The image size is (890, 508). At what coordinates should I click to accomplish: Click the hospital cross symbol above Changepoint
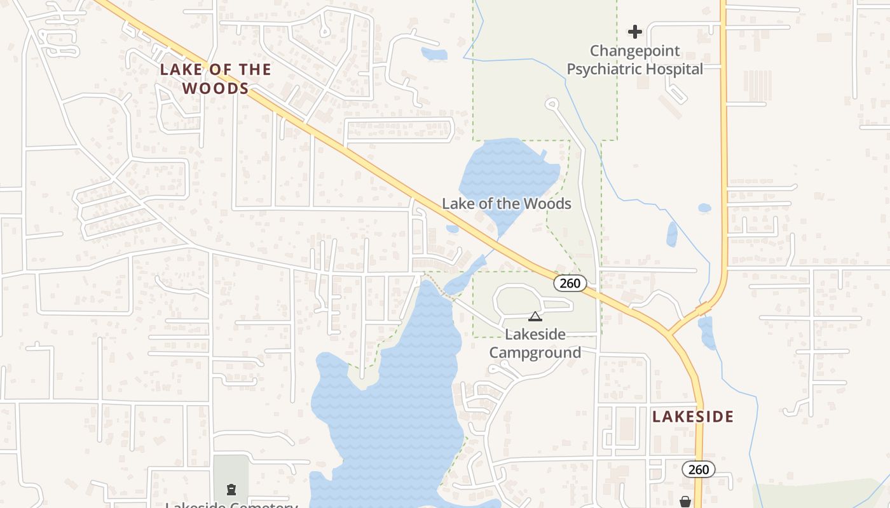(634, 31)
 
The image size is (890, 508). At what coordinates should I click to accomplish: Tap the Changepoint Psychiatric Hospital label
(634, 60)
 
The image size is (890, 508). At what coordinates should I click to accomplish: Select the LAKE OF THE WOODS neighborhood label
(215, 78)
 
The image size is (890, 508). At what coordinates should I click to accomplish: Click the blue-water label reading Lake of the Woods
(507, 204)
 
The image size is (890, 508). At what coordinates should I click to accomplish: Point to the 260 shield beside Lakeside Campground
(570, 283)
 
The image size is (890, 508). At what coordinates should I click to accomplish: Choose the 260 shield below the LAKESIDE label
(698, 469)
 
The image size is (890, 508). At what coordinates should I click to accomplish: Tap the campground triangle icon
(535, 316)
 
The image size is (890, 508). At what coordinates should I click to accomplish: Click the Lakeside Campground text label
(535, 344)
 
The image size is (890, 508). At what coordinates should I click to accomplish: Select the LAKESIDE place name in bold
(693, 417)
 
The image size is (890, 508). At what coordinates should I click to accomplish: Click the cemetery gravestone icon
(231, 489)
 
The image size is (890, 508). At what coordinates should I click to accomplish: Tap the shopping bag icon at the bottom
(685, 502)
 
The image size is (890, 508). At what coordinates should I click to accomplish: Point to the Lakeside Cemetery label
(231, 505)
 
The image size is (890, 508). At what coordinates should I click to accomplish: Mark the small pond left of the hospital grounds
(434, 54)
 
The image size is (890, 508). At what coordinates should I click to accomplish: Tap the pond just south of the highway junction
(707, 331)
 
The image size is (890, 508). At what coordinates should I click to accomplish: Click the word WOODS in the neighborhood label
(215, 88)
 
